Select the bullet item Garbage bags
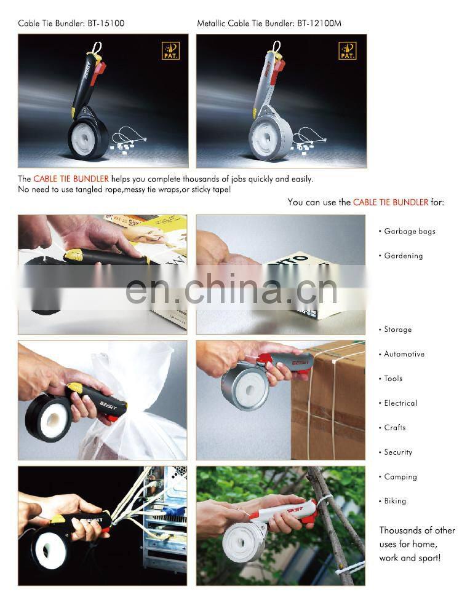[409, 232]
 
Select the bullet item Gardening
[403, 256]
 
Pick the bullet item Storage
[397, 330]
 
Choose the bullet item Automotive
[404, 355]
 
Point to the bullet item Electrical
[400, 404]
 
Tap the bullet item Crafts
[394, 428]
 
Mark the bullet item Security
[398, 453]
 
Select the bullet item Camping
[400, 478]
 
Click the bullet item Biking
[395, 502]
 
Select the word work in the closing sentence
[389, 558]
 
